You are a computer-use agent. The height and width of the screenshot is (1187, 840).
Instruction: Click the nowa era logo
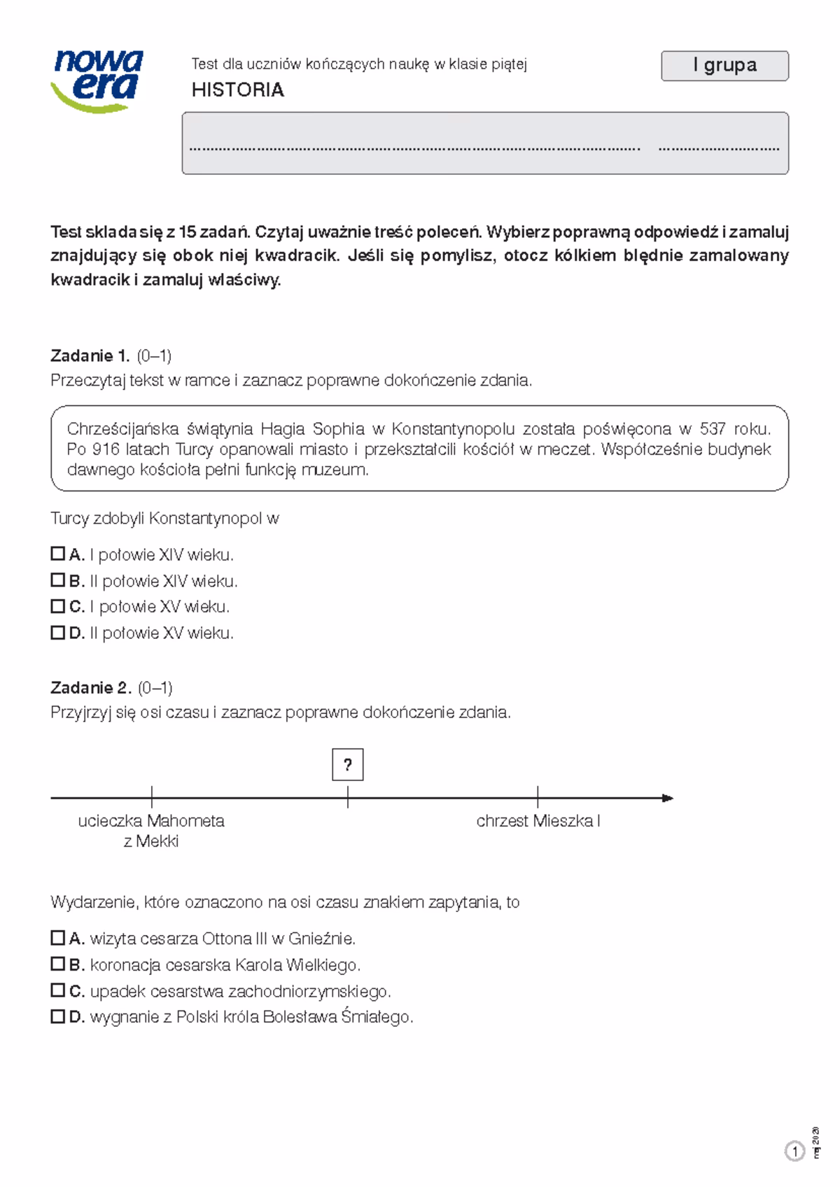[97, 79]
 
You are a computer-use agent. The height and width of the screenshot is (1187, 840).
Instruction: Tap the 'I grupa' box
[724, 66]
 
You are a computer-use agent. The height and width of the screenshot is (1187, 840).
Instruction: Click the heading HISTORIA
[238, 90]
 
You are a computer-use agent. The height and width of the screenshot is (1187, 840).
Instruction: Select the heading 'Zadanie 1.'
[90, 356]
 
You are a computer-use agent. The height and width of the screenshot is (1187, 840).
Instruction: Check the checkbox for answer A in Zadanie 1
[57, 554]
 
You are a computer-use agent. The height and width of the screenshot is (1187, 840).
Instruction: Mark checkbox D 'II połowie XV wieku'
[57, 633]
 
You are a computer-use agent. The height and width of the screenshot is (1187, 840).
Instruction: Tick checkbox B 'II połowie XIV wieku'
[57, 580]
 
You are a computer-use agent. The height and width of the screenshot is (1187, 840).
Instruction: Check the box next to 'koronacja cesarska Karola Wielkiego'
[57, 964]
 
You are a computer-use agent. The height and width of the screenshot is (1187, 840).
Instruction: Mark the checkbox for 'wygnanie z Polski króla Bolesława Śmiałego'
[57, 1017]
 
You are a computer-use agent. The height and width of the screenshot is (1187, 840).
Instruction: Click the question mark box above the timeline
[348, 764]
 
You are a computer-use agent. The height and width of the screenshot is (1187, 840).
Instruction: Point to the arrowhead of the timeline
[668, 798]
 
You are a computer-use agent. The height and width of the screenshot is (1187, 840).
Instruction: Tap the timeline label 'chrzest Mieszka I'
[538, 821]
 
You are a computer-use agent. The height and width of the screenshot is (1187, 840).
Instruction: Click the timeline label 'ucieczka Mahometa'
[151, 821]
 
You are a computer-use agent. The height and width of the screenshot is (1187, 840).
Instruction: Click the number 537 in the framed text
[713, 428]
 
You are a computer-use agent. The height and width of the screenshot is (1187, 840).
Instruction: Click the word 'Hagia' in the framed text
[283, 428]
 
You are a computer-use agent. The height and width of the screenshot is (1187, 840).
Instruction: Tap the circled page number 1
[794, 1151]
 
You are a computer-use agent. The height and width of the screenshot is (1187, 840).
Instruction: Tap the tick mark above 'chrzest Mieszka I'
[538, 797]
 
